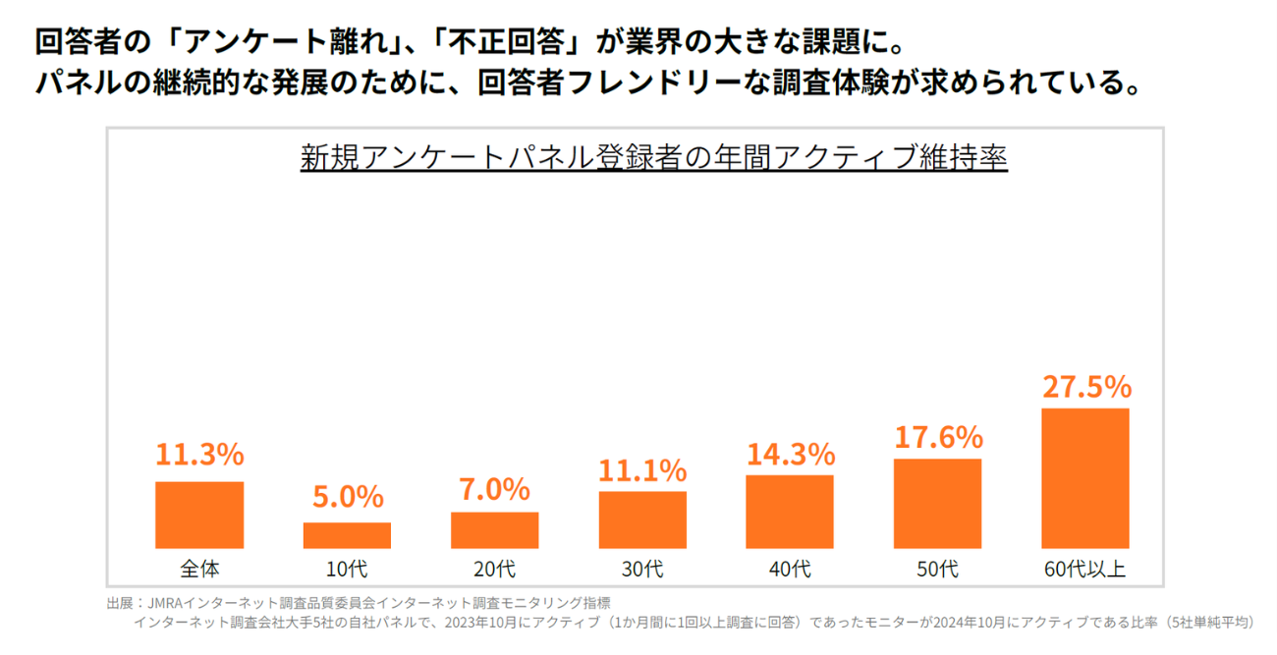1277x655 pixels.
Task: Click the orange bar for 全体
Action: [199, 515]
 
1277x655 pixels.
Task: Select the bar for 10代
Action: [347, 535]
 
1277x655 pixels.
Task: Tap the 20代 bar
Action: [494, 530]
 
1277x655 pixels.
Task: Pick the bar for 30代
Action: [642, 519]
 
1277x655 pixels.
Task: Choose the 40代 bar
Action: [790, 512]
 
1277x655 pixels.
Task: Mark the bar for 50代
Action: [937, 503]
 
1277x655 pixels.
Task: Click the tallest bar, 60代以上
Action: [1084, 478]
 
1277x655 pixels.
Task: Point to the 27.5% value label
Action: [1086, 387]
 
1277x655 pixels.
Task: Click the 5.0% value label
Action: [348, 497]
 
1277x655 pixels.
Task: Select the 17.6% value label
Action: [938, 437]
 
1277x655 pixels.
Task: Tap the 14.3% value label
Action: [791, 454]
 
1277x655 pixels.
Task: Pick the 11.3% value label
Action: [199, 454]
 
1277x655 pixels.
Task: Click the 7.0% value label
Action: [494, 488]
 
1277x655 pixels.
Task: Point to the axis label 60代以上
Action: [1085, 569]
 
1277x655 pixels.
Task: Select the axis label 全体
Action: [199, 569]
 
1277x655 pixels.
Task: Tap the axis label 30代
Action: [642, 569]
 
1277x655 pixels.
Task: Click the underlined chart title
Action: [653, 158]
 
